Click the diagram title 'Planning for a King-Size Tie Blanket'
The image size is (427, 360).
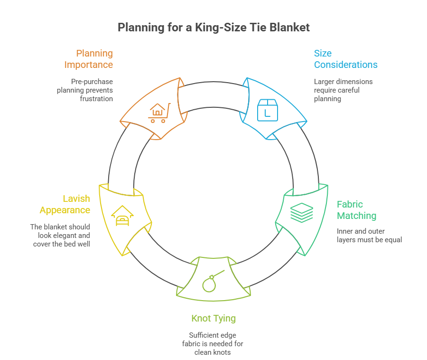pos(213,28)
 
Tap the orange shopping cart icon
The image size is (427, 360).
pos(158,113)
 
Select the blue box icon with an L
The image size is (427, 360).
pos(266,109)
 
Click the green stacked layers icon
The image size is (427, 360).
pos(302,212)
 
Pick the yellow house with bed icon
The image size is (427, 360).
pos(122,216)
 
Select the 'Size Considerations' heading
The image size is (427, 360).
pos(345,59)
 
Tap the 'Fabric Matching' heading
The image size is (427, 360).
pos(356,210)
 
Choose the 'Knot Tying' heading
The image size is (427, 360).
pos(213,318)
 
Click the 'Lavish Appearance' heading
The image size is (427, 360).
pos(65,204)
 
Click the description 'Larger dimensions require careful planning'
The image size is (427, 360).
pos(343,90)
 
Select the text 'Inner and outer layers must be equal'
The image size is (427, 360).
pos(369,236)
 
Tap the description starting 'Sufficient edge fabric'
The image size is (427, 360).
pos(213,343)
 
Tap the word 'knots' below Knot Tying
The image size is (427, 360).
pos(223,352)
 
